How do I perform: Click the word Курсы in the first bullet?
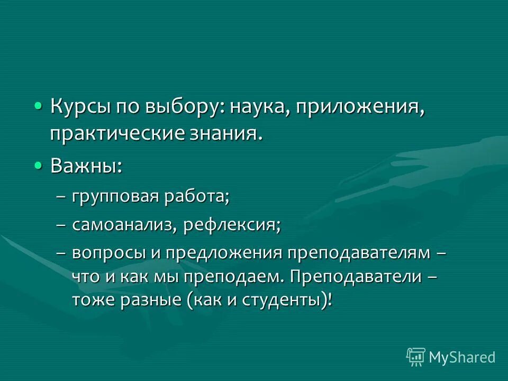click(x=79, y=108)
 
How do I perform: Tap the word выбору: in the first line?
click(x=182, y=108)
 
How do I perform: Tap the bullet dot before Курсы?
click(x=38, y=106)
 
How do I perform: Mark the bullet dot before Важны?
click(x=38, y=166)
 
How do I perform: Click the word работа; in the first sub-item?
click(x=196, y=197)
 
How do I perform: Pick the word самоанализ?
click(x=124, y=225)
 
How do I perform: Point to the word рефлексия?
click(x=232, y=225)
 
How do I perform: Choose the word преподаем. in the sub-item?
click(x=235, y=277)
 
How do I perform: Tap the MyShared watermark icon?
click(x=416, y=357)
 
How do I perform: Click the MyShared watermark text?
click(x=462, y=357)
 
